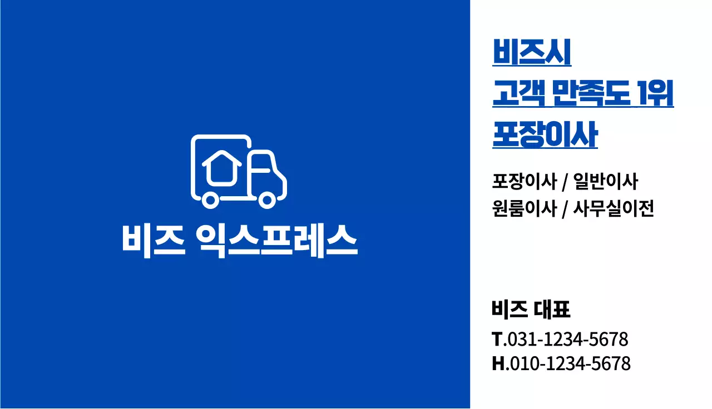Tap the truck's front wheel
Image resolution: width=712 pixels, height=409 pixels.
click(x=267, y=201)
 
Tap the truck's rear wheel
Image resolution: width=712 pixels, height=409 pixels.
click(x=210, y=201)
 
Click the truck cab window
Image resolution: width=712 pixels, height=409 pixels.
click(x=261, y=163)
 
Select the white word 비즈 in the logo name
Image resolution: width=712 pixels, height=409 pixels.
click(x=154, y=241)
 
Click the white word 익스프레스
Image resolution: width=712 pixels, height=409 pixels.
click(x=276, y=241)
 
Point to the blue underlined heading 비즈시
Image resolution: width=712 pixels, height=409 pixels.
click(x=532, y=52)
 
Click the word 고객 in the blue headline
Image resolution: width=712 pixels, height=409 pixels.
click(x=520, y=93)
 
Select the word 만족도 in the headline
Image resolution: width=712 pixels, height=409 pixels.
click(x=592, y=93)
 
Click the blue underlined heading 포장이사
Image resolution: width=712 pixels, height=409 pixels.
click(x=545, y=134)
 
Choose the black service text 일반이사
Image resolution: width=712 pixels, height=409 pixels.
click(x=606, y=182)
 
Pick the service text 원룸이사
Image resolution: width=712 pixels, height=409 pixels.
click(x=525, y=208)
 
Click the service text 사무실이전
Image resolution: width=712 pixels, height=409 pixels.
click(x=614, y=208)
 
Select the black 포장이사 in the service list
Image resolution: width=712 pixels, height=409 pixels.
click(x=525, y=182)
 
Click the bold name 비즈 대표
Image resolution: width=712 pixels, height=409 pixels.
click(x=531, y=309)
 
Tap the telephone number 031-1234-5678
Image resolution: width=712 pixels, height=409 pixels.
click(x=568, y=339)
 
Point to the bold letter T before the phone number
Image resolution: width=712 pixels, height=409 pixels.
click(x=497, y=339)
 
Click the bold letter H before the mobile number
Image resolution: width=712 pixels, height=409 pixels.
click(x=498, y=363)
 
